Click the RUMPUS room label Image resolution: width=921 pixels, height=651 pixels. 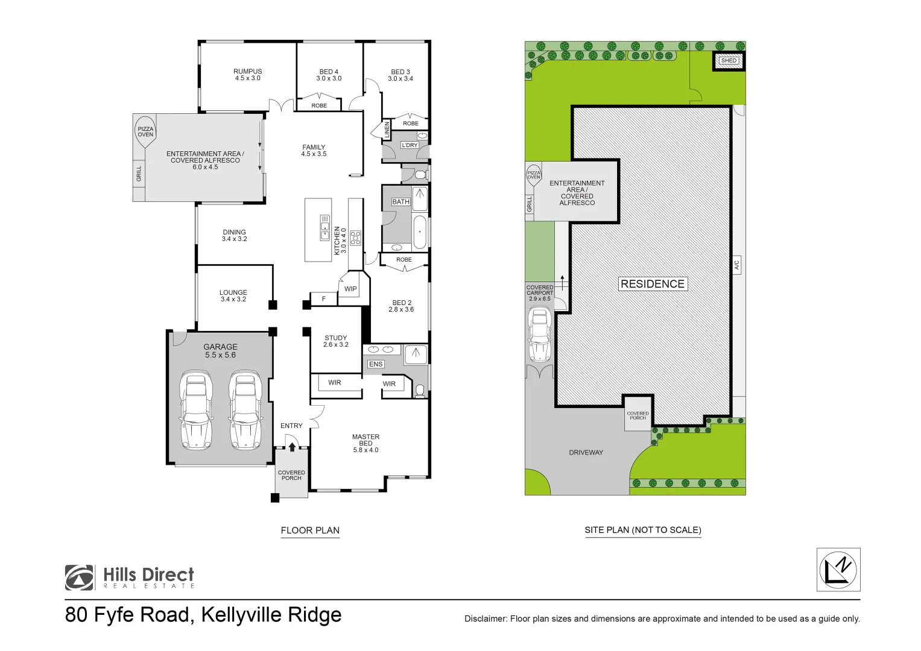[247, 75]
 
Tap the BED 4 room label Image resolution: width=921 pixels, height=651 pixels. [329, 75]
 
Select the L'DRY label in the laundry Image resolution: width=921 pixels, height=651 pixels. [410, 145]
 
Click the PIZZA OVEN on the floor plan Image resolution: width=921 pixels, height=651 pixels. [145, 131]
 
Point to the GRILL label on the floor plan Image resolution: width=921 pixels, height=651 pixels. [139, 174]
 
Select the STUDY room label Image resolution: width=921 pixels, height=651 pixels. [336, 341]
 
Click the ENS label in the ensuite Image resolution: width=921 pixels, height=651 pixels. [376, 364]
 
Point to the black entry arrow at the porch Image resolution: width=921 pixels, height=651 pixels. [292, 447]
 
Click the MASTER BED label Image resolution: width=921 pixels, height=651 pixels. [366, 443]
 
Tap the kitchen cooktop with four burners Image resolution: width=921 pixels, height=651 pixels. [355, 238]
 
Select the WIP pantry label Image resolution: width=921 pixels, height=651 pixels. [350, 289]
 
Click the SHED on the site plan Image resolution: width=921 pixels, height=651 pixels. [729, 61]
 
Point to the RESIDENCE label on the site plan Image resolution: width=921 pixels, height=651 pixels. [652, 284]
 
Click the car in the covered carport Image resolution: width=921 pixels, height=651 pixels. [539, 335]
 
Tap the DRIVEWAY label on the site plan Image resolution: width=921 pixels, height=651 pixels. [586, 453]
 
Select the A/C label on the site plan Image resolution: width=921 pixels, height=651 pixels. [736, 265]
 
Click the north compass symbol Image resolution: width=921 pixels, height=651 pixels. [838, 570]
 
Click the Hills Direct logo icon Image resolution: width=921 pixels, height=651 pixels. [80, 577]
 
